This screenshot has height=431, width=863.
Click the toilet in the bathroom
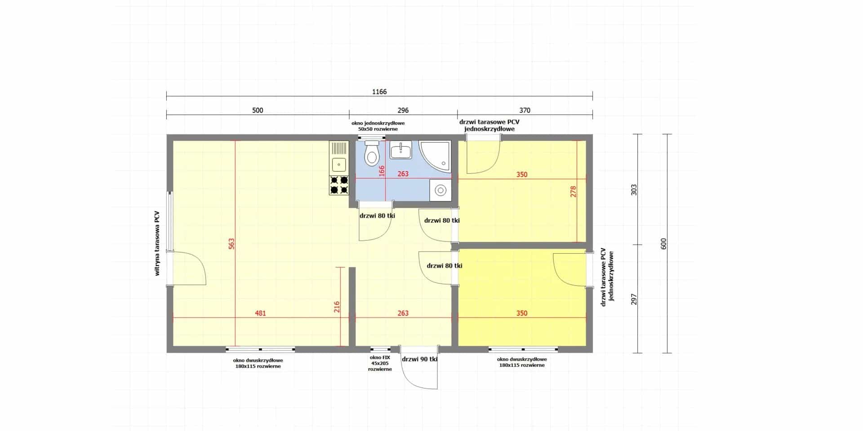point(371,153)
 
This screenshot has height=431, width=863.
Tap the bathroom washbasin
point(400,150)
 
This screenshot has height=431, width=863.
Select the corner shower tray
point(435,156)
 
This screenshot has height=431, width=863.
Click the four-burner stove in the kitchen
point(339,185)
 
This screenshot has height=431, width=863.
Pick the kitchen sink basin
point(339,164)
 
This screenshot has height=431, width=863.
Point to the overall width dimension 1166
point(379,92)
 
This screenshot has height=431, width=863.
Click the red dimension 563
point(231,244)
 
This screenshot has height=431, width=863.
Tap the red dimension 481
point(260,313)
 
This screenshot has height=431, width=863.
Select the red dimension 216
point(337,307)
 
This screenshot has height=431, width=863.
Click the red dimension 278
point(573,192)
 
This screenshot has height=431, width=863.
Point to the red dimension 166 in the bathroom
point(382,171)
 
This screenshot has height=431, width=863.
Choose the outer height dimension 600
point(664,244)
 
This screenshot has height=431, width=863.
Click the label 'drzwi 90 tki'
point(420,359)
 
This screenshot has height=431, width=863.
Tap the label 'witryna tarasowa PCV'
point(157,243)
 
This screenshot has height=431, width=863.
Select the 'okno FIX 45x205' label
point(380,363)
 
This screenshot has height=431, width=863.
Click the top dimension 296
point(403,110)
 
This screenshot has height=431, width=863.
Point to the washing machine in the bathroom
point(440,190)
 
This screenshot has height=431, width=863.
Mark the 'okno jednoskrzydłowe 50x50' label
point(378,126)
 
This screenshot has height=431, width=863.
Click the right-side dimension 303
point(634,190)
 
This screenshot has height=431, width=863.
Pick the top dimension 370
point(525,110)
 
